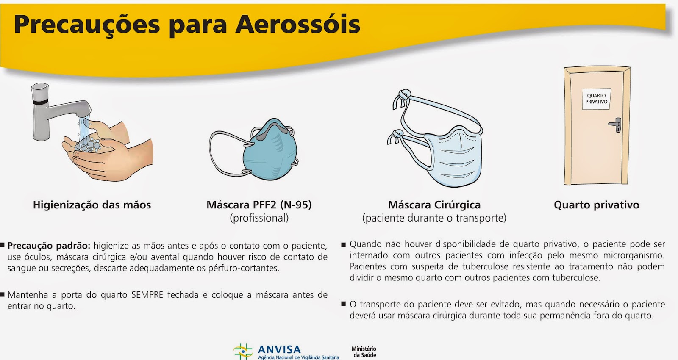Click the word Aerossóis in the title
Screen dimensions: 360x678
click(x=297, y=25)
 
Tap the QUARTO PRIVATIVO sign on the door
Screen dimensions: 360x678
click(x=596, y=99)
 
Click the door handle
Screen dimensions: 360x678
click(x=616, y=125)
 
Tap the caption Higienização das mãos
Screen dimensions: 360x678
click(x=92, y=205)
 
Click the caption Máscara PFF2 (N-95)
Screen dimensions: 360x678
click(x=259, y=205)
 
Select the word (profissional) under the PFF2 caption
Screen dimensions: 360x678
click(x=259, y=218)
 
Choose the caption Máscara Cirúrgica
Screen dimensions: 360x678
click(x=434, y=205)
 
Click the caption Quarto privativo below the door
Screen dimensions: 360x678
click(x=596, y=205)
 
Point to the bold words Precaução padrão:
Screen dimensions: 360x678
click(x=49, y=246)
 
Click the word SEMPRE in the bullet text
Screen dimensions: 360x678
click(x=147, y=295)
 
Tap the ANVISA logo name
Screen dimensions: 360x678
click(x=279, y=350)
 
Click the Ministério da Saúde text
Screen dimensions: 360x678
click(x=364, y=352)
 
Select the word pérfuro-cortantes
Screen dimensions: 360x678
click(x=244, y=268)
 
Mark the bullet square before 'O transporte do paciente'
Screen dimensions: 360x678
click(x=344, y=304)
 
